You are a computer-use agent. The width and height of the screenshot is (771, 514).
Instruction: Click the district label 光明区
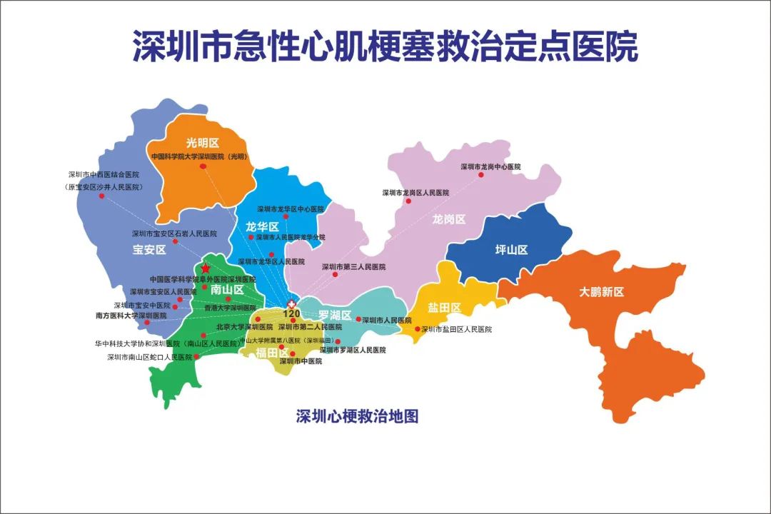pyautogui.click(x=202, y=143)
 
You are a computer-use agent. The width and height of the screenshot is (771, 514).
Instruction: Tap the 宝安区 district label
pyautogui.click(x=148, y=250)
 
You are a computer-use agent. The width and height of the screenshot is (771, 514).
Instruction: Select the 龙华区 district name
pyautogui.click(x=262, y=226)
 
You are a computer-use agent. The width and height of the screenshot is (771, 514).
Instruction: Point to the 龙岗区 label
pyautogui.click(x=449, y=219)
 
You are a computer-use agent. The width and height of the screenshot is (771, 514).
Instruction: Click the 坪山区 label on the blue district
pyautogui.click(x=511, y=250)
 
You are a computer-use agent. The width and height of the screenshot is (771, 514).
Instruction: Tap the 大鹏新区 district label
pyautogui.click(x=602, y=292)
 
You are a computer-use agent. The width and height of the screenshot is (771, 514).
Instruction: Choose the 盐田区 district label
pyautogui.click(x=445, y=308)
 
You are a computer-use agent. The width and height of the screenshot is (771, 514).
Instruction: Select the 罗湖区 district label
pyautogui.click(x=335, y=315)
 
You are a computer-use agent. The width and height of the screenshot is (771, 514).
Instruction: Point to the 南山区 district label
pyautogui.click(x=227, y=290)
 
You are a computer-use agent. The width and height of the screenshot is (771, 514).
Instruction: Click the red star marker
pyautogui.click(x=206, y=268)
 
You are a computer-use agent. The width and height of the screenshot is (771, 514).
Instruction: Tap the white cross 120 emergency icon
pyautogui.click(x=291, y=303)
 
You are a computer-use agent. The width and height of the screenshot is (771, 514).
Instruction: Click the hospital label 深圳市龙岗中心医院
pyautogui.click(x=490, y=166)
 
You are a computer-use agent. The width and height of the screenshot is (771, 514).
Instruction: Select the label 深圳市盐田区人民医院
pyautogui.click(x=457, y=329)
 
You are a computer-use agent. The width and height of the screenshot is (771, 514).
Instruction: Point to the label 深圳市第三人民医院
pyautogui.click(x=353, y=267)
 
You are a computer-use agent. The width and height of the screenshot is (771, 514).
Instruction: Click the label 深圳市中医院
pyautogui.click(x=301, y=361)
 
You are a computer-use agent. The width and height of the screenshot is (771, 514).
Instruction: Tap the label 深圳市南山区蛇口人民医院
pyautogui.click(x=150, y=356)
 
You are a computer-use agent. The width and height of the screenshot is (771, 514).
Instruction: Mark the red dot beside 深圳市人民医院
pyautogui.click(x=358, y=319)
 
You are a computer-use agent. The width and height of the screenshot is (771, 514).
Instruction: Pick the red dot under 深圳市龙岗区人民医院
pyautogui.click(x=409, y=201)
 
